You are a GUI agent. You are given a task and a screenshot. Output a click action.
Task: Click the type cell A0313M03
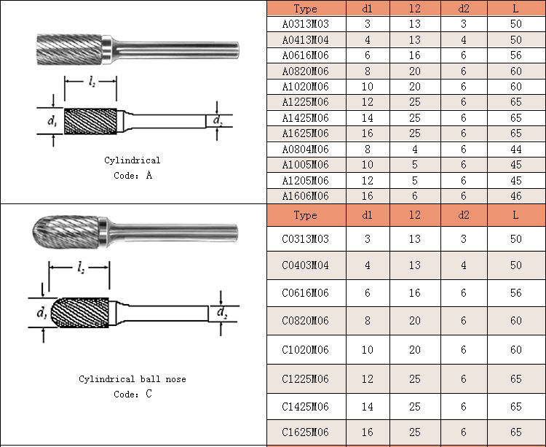coord(305,24)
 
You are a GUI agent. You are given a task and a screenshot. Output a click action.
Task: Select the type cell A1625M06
coord(305,133)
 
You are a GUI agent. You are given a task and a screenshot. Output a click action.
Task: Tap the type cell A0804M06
coord(305,149)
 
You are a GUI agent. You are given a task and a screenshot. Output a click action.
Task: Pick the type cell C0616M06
coord(305,293)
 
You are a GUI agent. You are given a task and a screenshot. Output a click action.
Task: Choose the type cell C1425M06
coord(305,407)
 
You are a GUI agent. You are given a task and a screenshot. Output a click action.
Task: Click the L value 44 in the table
coord(515,149)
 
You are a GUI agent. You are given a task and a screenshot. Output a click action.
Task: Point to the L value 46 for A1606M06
coord(515,196)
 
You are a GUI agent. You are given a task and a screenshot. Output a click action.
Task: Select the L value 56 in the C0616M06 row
coord(515,293)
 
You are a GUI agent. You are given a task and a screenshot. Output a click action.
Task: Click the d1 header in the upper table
coord(367,9)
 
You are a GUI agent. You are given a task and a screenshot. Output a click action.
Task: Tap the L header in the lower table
coord(515,215)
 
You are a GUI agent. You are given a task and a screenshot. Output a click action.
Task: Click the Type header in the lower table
coord(305,215)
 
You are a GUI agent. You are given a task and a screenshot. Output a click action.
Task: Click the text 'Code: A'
coord(132,176)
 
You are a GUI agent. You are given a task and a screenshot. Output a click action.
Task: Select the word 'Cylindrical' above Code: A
coord(132,160)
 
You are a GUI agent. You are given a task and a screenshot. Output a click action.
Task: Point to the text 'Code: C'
coord(132,394)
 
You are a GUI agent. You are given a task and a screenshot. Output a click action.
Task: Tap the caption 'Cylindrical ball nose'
coord(132,379)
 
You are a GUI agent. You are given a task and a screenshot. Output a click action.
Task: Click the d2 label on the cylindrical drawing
coord(217,120)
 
